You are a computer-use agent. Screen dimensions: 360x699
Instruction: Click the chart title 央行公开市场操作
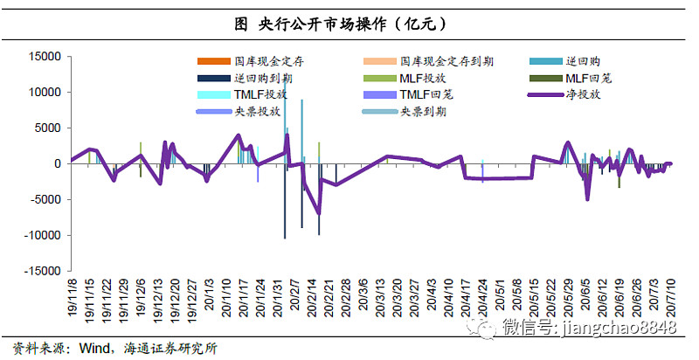(349, 24)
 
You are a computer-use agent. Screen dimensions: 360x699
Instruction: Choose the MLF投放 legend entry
(423, 78)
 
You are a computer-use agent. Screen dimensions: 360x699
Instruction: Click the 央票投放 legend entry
(257, 112)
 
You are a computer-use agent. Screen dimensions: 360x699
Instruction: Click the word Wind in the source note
(93, 348)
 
